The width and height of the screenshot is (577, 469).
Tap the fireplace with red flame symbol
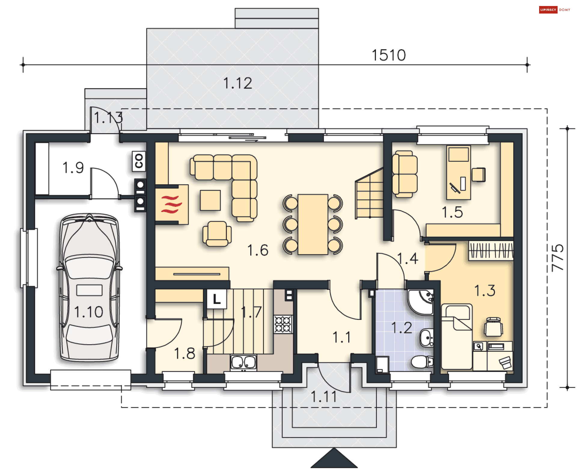pos(172,204)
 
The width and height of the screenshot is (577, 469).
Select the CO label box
pos(139,161)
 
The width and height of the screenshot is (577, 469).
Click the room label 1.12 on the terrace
pos(237,83)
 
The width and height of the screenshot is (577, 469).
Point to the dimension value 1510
pos(389,55)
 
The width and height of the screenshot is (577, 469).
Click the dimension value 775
pos(557,258)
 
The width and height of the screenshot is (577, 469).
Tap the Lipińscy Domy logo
pos(554,10)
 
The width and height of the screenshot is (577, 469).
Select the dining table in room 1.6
pos(313,224)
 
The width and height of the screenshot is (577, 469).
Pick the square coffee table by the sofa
pos(210,200)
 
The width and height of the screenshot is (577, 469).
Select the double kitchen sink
pos(243,362)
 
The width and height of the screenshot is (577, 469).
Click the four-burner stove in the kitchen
pos(283,324)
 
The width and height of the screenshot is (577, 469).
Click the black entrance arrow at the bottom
pos(334,458)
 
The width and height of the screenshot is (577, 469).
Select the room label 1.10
pos(88,312)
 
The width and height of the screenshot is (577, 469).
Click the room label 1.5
pos(452,212)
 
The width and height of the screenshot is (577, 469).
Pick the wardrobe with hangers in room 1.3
pos(491,250)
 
